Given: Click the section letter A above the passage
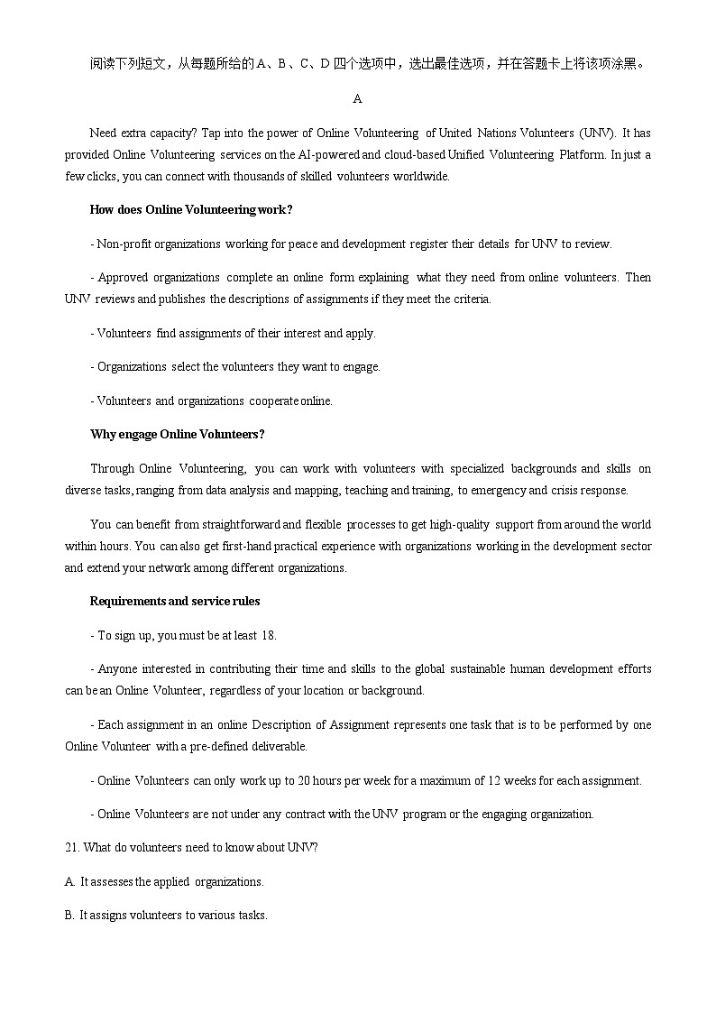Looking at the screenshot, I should coord(358,98).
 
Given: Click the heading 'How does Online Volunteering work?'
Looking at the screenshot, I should coord(190,210).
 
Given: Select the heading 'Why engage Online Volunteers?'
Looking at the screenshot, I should coord(177,435).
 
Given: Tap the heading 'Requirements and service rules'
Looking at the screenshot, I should coord(175,602).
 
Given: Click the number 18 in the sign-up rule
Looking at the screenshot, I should coord(268,635).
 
